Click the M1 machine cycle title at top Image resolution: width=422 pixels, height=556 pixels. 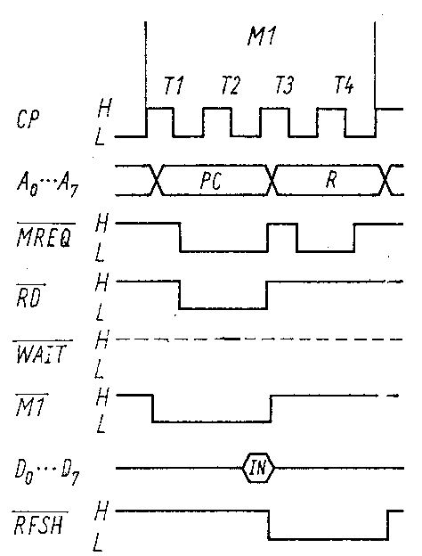coord(262,36)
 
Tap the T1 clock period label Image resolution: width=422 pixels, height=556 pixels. coord(174,86)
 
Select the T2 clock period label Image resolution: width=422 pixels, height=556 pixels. coord(231,86)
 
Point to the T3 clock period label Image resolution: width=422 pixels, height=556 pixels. coord(285,86)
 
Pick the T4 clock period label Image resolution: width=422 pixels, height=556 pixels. coord(344,86)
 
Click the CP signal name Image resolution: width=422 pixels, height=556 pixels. coord(28,119)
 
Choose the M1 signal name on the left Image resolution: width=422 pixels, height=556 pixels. coord(31,405)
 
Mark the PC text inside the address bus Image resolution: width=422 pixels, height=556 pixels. coord(211,181)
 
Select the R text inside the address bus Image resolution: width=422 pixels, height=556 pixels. coord(331,180)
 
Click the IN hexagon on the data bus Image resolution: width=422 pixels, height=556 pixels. coord(258,468)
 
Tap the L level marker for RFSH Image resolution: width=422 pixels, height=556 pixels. coord(99,543)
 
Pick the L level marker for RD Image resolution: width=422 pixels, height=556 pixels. coord(100,311)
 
